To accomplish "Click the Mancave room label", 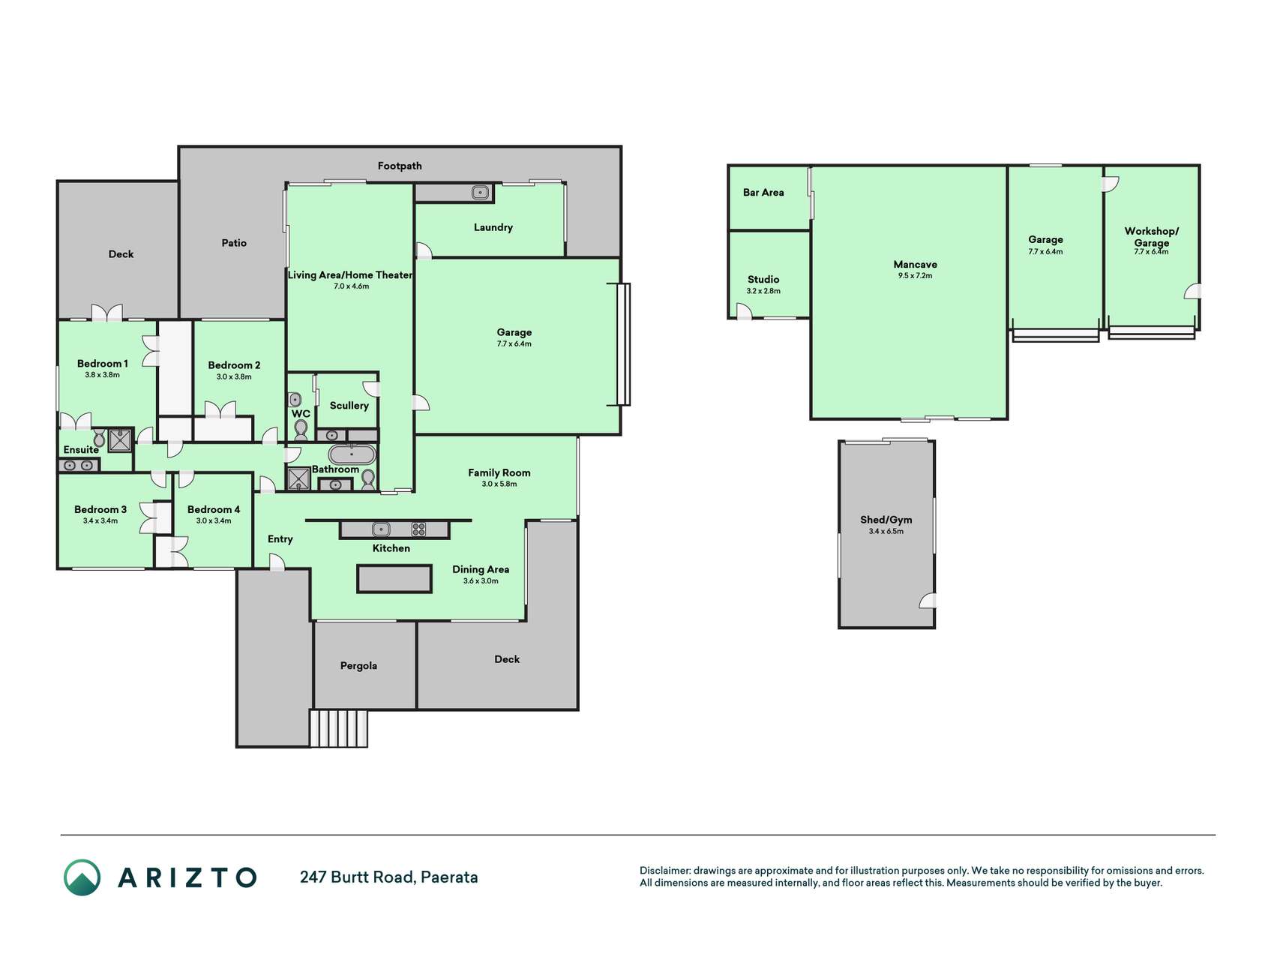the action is (915, 264).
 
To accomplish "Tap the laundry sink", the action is (481, 193).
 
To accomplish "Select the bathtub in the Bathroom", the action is (352, 454).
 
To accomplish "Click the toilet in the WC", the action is (301, 429).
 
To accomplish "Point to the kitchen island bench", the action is (394, 579).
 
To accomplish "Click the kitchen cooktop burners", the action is (419, 529).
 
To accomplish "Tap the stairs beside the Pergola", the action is (339, 728).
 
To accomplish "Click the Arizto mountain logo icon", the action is (82, 877).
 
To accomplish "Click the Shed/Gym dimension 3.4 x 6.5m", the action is (886, 531).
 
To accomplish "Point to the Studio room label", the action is (763, 279).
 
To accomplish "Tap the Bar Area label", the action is (763, 192).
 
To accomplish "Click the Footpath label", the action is (400, 166).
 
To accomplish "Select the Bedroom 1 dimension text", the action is (102, 374).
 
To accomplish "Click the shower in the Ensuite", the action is (120, 440).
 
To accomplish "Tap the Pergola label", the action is (358, 666).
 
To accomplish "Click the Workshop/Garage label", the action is (1151, 236).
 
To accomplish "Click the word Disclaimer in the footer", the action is (664, 871).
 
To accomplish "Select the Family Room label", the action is (499, 472).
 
